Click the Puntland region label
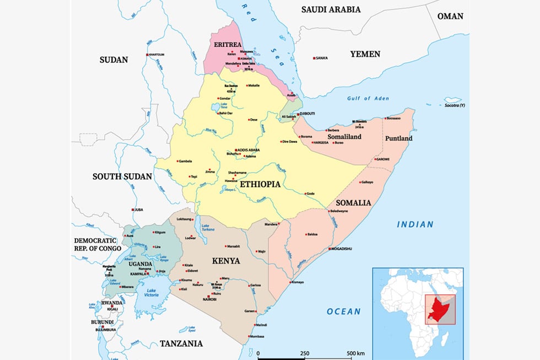coord(398,138)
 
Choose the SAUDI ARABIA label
coord(331,9)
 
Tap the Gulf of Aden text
coord(368,98)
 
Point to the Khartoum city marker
coord(147,55)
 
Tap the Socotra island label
coord(455,105)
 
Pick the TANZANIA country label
coord(181,343)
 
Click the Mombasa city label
coord(256,337)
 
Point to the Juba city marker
coord(133,209)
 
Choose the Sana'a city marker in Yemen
coord(314,58)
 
